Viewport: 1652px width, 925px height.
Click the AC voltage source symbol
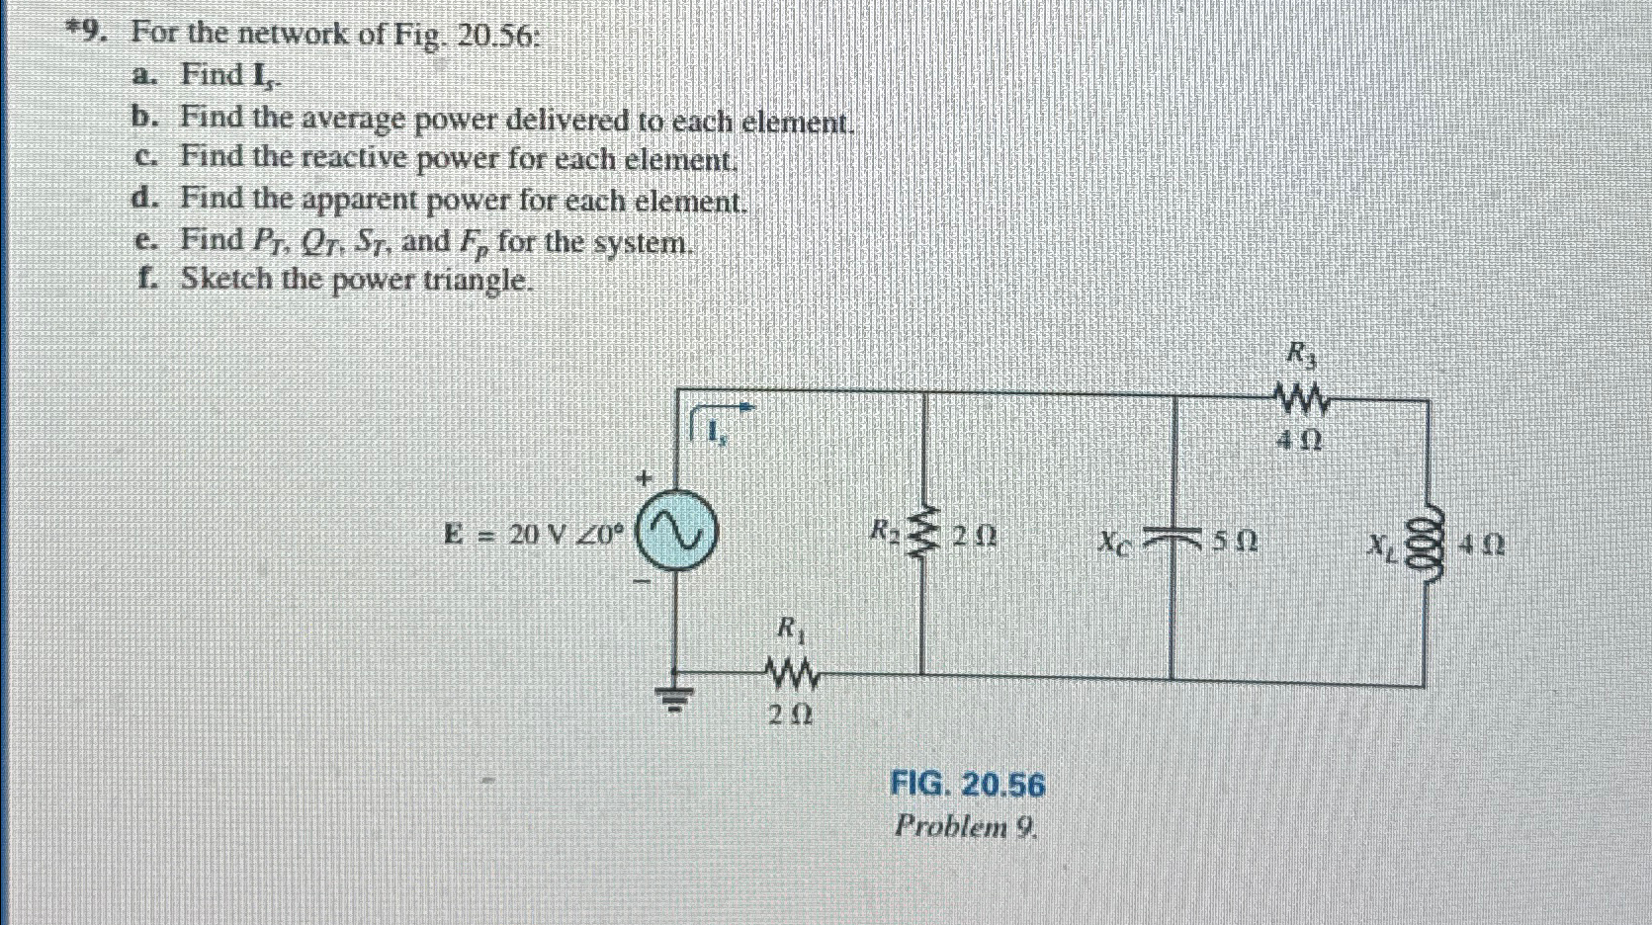[677, 535]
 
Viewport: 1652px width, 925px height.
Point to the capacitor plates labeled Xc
[1173, 539]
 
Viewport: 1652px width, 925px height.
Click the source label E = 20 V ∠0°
[535, 535]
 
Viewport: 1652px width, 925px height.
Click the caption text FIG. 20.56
[967, 786]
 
